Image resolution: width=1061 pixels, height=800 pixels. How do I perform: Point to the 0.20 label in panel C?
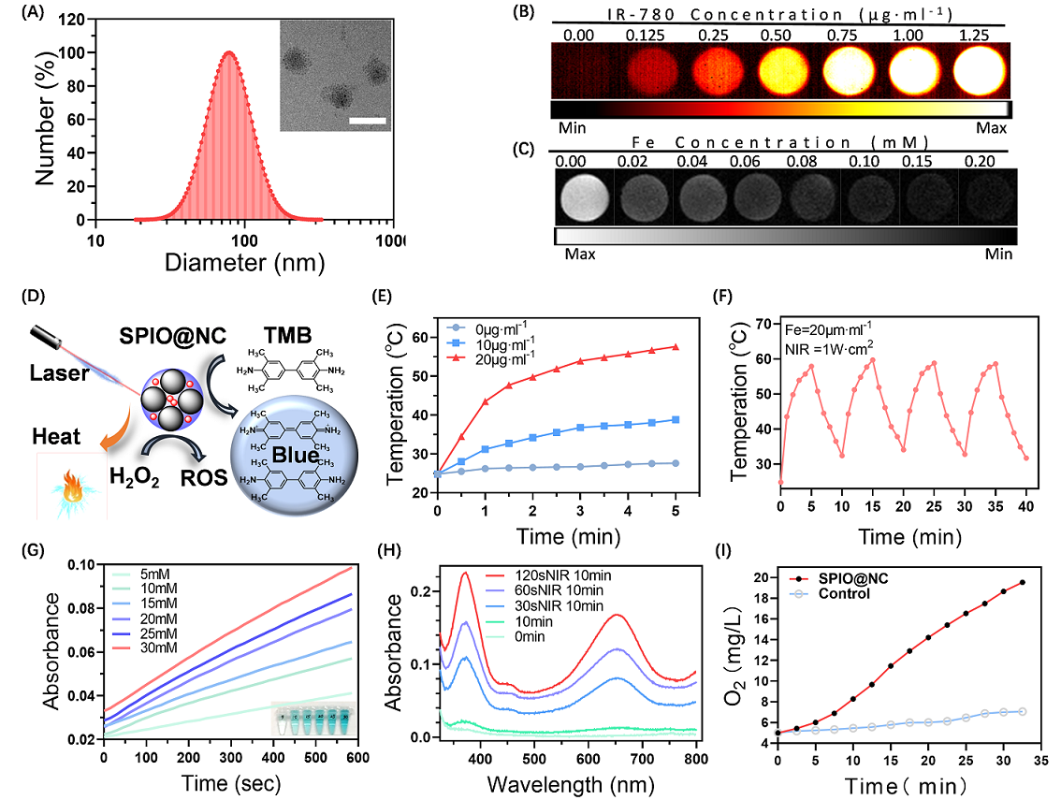(981, 162)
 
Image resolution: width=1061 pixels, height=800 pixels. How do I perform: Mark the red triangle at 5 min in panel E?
(675, 347)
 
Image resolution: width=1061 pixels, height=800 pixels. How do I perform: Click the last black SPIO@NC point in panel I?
(1023, 582)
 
